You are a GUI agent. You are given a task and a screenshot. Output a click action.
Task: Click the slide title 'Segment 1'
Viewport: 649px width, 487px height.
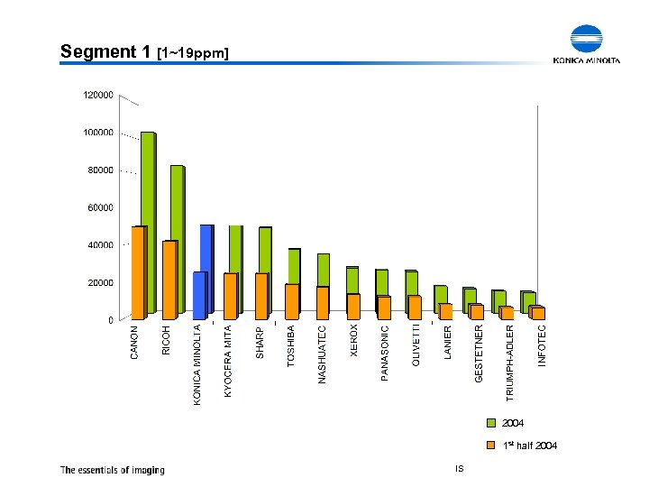pos(105,52)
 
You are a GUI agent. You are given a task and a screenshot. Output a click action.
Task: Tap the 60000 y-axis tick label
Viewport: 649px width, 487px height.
pos(100,207)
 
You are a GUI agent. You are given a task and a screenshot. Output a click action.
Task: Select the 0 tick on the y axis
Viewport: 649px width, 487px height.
pos(110,320)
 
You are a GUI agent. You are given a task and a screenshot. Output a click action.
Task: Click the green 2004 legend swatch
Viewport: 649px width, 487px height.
pos(491,423)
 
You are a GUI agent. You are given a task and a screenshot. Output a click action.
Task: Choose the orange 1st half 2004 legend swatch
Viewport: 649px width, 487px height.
pos(491,446)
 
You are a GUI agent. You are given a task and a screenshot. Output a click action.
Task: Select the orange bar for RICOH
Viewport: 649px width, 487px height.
pos(169,280)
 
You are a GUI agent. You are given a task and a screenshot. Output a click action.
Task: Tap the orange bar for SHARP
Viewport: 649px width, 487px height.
pos(261,296)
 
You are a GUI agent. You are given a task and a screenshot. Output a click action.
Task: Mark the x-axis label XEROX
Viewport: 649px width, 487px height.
pos(354,340)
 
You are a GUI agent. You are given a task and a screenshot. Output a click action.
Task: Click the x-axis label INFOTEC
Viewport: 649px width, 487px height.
pos(542,345)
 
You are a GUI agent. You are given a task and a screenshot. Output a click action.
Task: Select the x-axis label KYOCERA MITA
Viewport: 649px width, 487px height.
pos(229,361)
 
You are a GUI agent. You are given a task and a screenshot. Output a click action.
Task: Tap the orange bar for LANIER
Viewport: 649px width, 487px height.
pos(445,311)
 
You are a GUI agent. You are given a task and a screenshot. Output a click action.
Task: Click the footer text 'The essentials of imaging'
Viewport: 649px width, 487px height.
pos(113,469)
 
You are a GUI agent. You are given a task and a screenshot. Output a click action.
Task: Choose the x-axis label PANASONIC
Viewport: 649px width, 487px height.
pos(385,353)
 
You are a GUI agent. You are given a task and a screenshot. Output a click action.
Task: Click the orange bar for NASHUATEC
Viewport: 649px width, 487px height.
pos(322,303)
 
